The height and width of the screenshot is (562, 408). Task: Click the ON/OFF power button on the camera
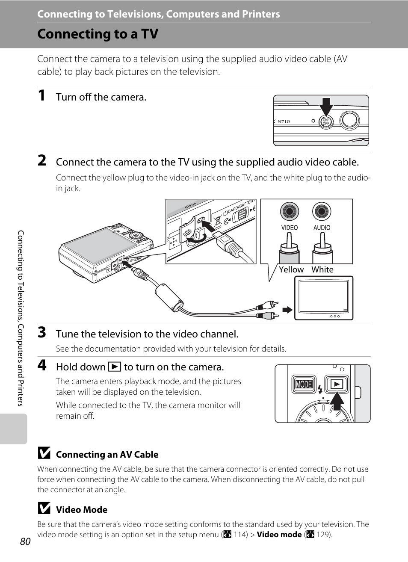(x=326, y=122)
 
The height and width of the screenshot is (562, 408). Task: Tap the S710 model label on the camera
(x=284, y=121)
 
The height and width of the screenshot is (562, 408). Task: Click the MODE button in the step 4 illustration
(x=304, y=384)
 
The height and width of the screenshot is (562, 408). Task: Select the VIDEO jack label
(x=289, y=228)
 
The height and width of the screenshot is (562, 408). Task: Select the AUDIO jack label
(x=322, y=228)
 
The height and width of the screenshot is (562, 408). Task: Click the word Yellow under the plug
(x=291, y=269)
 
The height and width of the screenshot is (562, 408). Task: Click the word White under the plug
(x=322, y=269)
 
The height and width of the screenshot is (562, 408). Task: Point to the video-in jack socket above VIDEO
(x=289, y=211)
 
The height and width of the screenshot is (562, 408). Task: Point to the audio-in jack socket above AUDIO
(x=322, y=211)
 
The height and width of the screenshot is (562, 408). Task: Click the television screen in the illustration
(x=324, y=296)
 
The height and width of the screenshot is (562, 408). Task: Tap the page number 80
(x=25, y=541)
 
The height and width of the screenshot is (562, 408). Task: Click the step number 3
(x=42, y=332)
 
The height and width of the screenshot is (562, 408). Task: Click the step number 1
(x=41, y=95)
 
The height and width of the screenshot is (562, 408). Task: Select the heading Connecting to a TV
(x=98, y=34)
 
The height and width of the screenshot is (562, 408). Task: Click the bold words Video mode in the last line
(x=279, y=534)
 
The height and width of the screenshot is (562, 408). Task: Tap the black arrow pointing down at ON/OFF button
(x=326, y=107)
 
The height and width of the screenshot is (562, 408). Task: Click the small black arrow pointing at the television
(x=287, y=310)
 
